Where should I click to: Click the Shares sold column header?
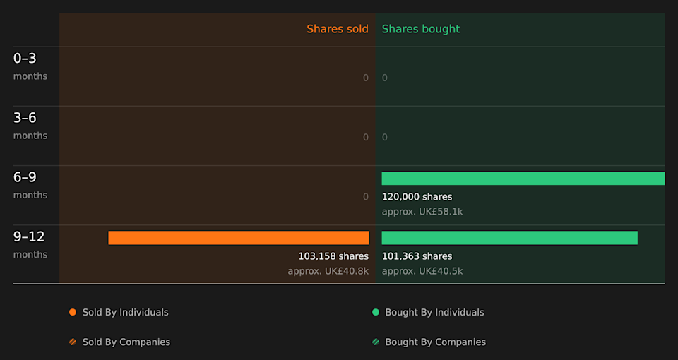click(337, 29)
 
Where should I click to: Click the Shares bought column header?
click(420, 29)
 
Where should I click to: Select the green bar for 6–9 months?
click(523, 178)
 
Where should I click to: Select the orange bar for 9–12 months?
click(238, 238)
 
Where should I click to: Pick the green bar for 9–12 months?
click(509, 238)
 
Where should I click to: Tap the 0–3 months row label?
click(30, 66)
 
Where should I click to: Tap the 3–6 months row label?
click(30, 126)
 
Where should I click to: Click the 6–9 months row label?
click(30, 185)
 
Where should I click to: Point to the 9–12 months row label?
click(30, 244)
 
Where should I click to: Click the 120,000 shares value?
click(417, 197)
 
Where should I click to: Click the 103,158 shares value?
click(333, 256)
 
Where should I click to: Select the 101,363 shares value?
click(417, 256)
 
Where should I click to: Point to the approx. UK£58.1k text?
click(422, 212)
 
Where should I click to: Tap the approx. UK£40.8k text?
click(328, 271)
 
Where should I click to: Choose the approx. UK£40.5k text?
click(422, 271)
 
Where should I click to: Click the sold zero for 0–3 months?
click(365, 78)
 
